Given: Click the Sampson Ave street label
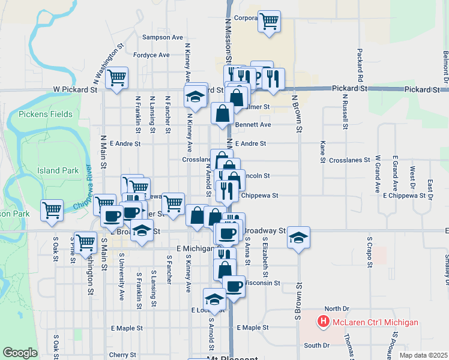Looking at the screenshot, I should pos(162,37).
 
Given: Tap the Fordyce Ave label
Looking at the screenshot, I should pos(151,55).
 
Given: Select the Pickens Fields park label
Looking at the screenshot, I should pos(46,114).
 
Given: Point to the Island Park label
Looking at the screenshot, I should pos(58,170).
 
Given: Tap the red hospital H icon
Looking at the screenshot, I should pos(324,322).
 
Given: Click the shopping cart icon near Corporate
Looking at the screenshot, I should pos(270,22).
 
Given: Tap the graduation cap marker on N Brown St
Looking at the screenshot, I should pos(298,237).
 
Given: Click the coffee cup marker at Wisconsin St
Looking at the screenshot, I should pos(234,286).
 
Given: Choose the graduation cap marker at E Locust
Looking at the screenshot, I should pos(214,298).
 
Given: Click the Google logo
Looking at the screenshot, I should pos(20,353).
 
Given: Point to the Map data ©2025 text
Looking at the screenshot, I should pos(423,355).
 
